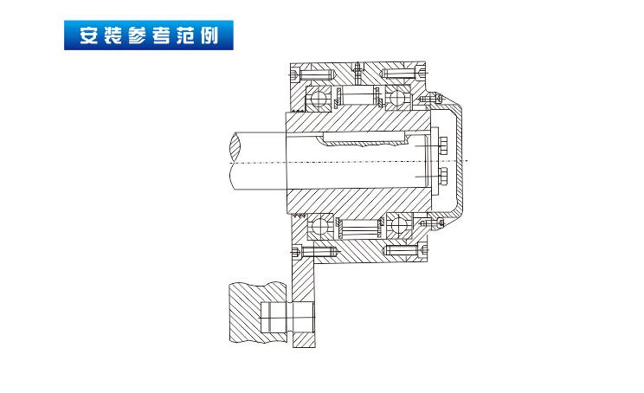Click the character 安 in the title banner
[x=87, y=38]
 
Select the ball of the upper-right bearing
[x=399, y=97]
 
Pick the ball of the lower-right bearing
[x=399, y=229]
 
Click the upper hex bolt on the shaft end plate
[x=442, y=145]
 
